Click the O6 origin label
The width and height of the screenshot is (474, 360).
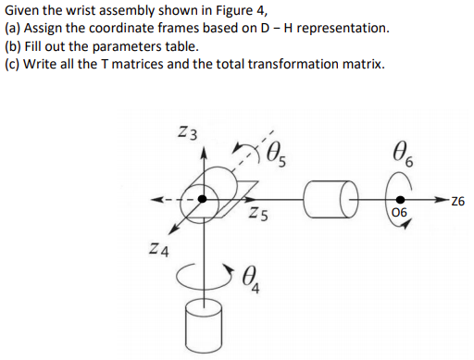tap(400, 217)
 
